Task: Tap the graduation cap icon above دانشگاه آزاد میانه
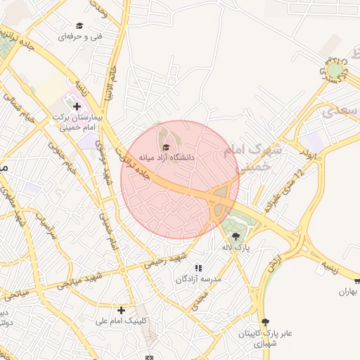point(167,147)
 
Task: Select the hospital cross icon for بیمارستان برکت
point(77,107)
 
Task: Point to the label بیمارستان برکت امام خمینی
point(77,124)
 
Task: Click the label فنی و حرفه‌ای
point(79,36)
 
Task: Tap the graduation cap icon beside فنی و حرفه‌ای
point(79,25)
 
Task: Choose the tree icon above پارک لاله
point(235,236)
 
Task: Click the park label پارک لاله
point(235,247)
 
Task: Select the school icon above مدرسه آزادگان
point(198,268)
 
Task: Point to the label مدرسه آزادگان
point(199,279)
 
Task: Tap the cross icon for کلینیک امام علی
point(122,310)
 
